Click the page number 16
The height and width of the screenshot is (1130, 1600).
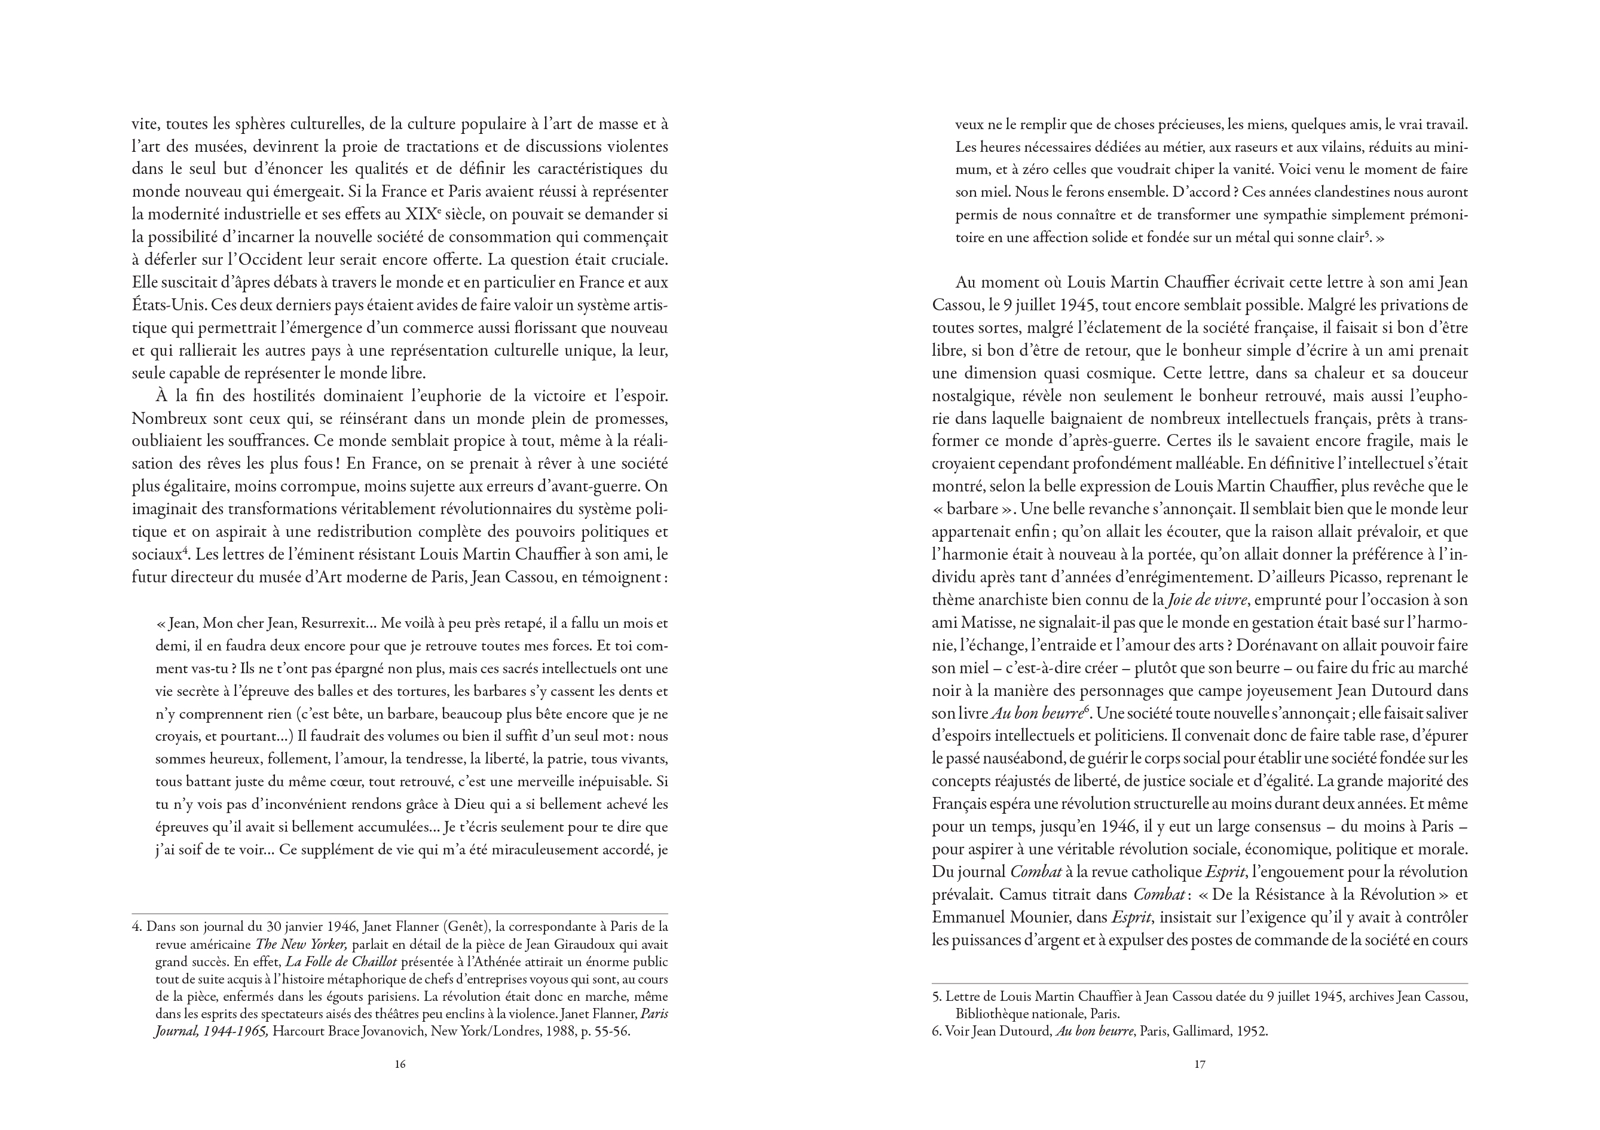point(400,1064)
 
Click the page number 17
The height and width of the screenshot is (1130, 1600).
point(1200,1064)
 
